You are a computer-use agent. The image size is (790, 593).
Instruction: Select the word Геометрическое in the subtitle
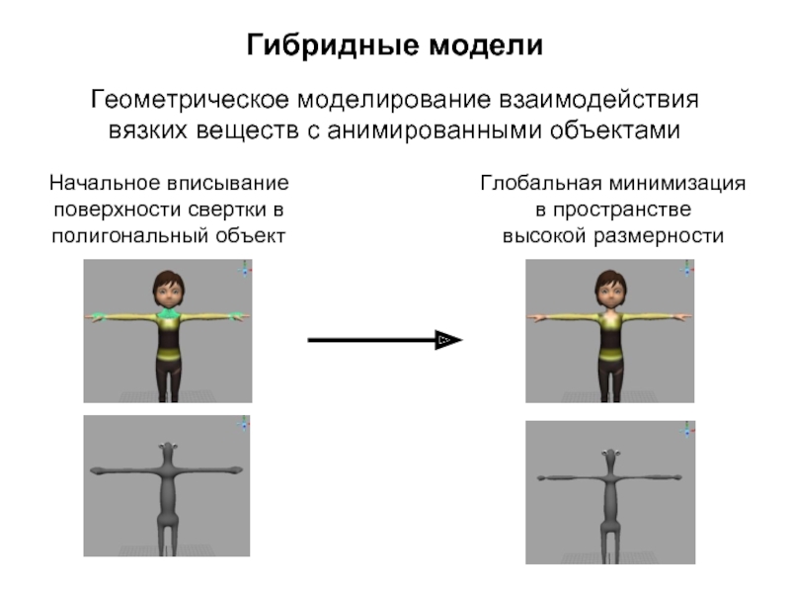click(x=187, y=101)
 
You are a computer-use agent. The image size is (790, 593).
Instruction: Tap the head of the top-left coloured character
click(x=167, y=286)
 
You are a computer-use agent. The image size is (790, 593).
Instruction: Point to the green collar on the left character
click(x=167, y=316)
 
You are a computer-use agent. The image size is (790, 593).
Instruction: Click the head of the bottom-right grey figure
click(x=609, y=458)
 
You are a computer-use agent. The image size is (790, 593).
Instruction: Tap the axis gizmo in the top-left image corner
click(x=244, y=268)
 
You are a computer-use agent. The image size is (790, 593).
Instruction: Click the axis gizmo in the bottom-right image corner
click(x=686, y=429)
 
